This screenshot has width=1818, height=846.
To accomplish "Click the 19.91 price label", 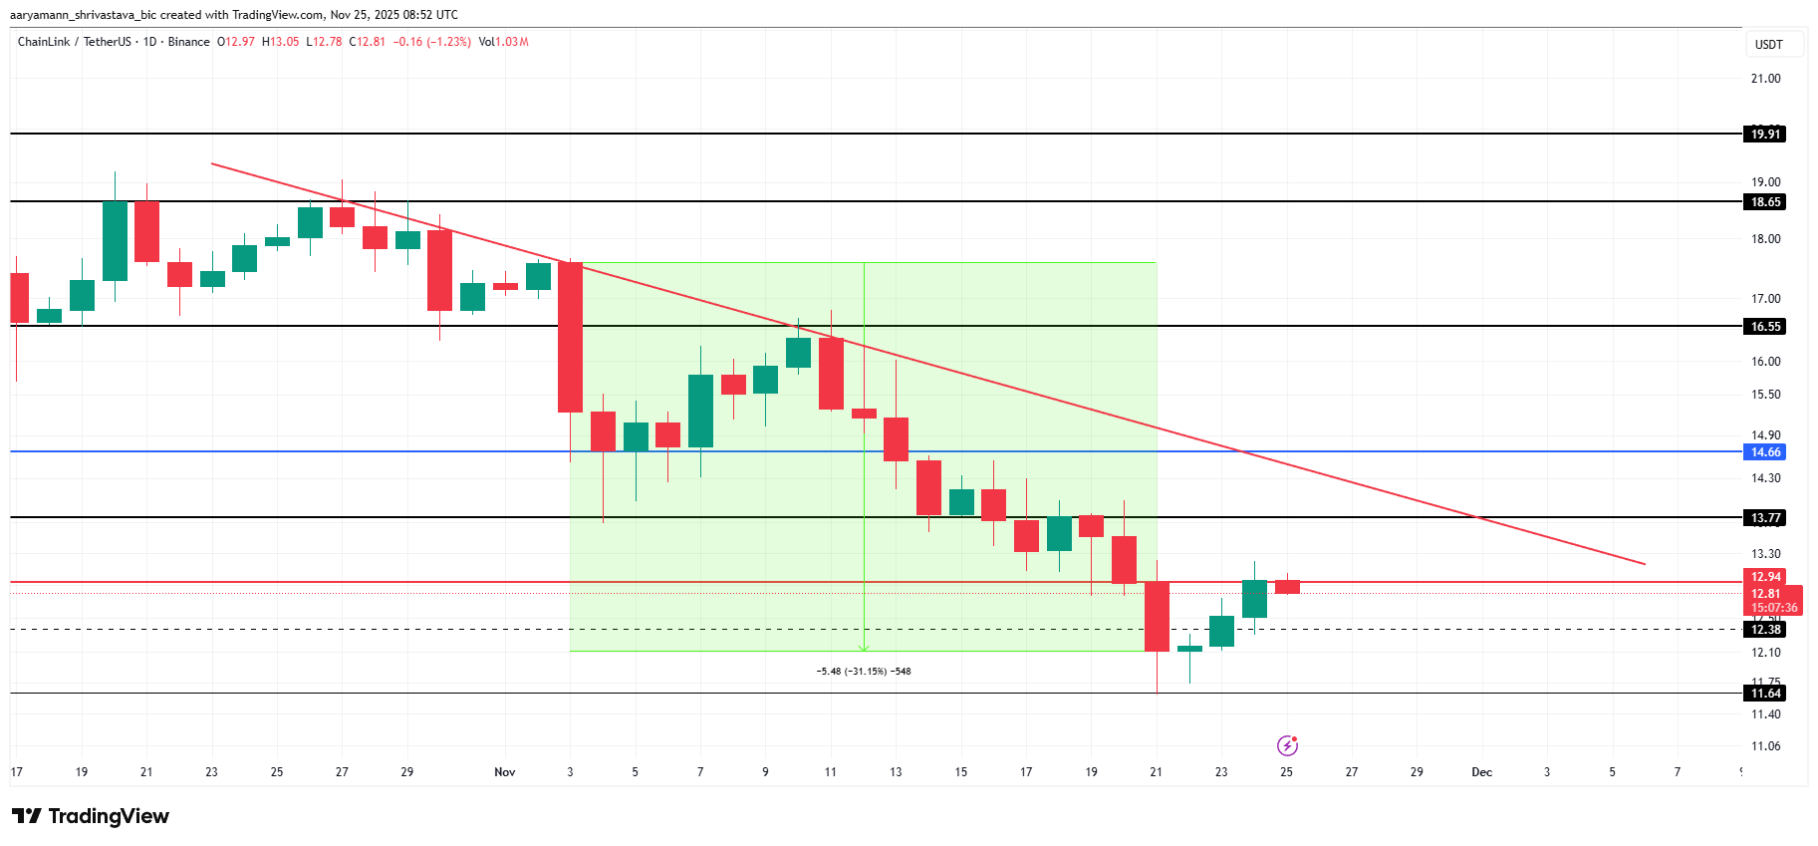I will point(1765,134).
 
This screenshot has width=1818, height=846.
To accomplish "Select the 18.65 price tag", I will point(1765,201).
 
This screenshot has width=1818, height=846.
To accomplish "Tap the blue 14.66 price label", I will point(1765,451).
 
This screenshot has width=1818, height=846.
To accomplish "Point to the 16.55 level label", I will point(1765,326).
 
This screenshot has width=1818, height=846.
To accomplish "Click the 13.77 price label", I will point(1765,517).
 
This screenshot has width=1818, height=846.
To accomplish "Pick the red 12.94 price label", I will point(1765,577).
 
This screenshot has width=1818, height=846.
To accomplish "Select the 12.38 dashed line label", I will point(1765,629).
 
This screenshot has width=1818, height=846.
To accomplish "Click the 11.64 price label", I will point(1765,693).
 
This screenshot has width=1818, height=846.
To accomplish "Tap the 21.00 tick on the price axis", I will point(1765,79).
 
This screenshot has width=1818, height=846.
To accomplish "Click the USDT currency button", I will point(1768,45).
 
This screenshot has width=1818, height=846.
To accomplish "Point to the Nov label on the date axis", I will point(505,772).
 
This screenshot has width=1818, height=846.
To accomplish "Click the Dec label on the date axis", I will point(1481,772).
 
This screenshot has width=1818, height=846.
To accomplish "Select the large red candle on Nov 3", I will point(570,337).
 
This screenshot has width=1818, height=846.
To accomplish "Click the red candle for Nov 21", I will point(1157,616).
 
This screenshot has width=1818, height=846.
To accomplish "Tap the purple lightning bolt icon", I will point(1287,745).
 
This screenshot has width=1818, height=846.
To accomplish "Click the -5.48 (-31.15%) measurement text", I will point(864,672).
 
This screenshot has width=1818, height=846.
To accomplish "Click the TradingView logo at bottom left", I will point(91,816).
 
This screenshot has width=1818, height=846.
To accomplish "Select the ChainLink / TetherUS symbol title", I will point(74,42).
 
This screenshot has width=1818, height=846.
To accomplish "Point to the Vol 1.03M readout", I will point(503,42).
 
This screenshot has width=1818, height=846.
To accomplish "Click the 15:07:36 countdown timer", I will point(1774,607).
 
